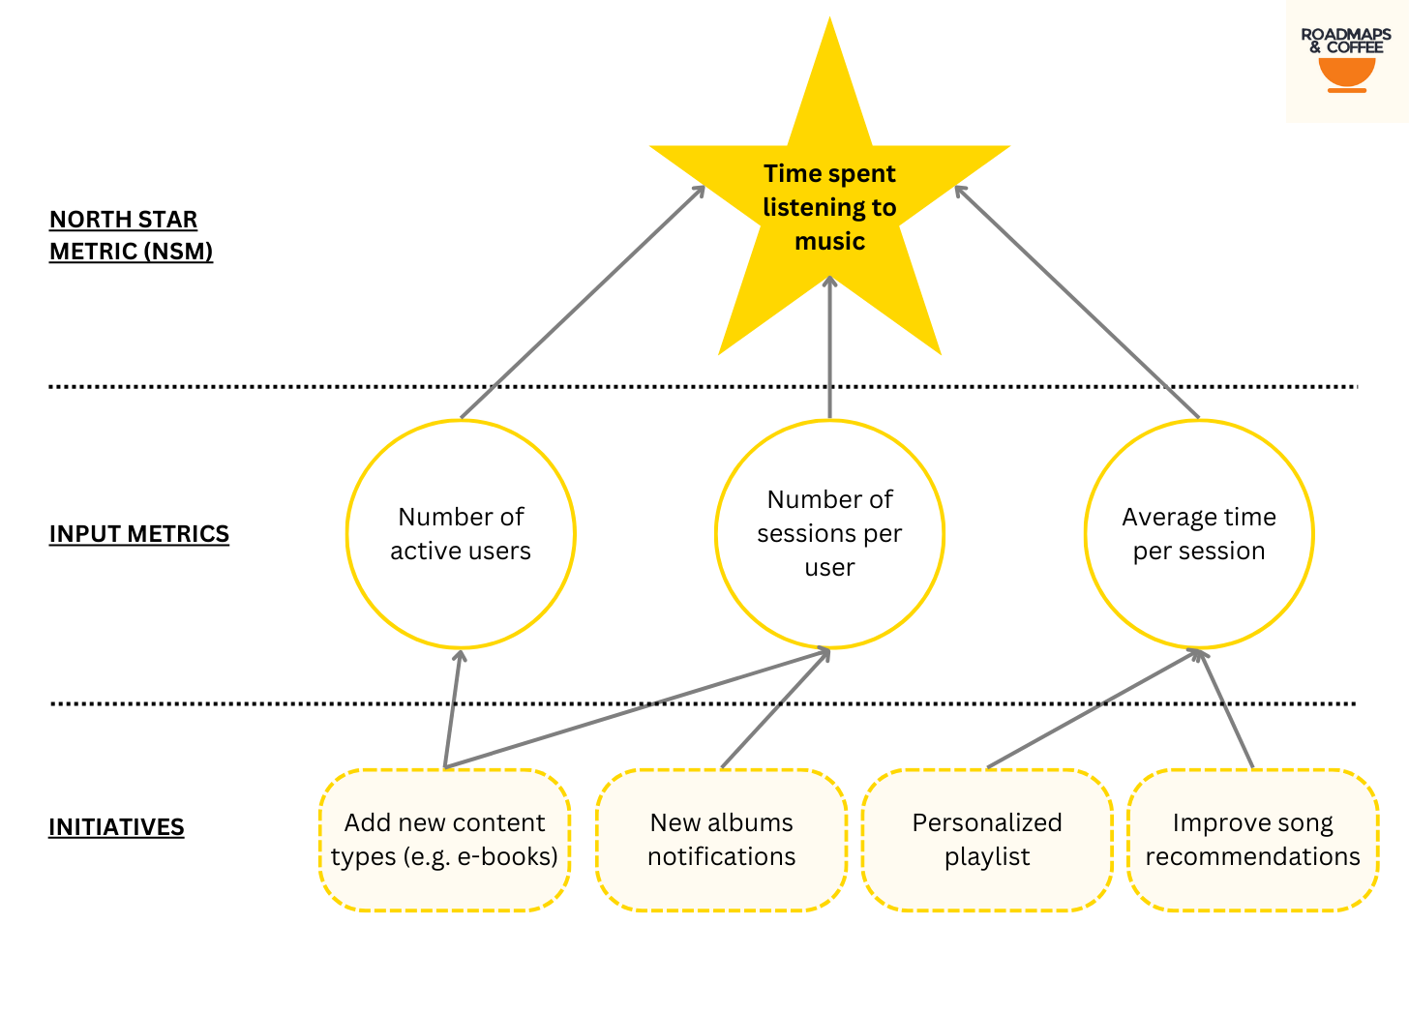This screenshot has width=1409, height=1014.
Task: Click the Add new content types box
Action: click(444, 840)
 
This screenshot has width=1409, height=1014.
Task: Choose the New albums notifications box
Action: click(721, 840)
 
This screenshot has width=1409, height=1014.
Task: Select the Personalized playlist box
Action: click(987, 840)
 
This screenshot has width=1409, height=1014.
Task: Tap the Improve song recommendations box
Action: click(1252, 840)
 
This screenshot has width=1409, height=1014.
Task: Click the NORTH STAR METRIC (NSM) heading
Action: click(131, 235)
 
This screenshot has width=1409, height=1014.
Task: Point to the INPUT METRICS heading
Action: click(139, 534)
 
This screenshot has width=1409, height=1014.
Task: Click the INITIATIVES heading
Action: click(116, 827)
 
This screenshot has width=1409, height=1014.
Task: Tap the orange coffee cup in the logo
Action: click(1346, 73)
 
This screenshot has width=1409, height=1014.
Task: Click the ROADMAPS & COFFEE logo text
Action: click(1346, 41)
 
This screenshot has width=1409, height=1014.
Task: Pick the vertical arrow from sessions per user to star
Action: click(829, 348)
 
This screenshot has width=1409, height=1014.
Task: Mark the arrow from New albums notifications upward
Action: click(774, 708)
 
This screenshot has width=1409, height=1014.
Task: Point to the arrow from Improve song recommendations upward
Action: click(1226, 708)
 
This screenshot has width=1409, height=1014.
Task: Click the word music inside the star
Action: click(829, 241)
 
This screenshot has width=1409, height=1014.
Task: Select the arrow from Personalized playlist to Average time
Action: click(1094, 708)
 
